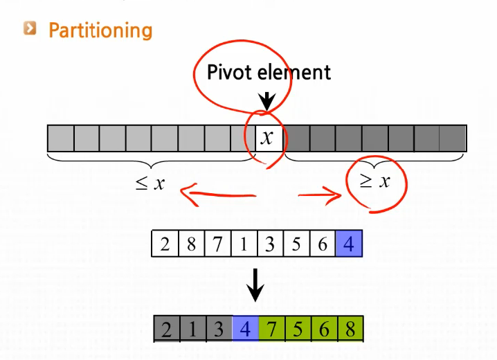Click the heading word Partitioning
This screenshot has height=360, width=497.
[x=100, y=30]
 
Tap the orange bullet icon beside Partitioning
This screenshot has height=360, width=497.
[x=30, y=28]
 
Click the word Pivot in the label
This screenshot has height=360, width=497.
[x=231, y=72]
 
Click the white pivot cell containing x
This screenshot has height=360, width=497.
[x=268, y=138]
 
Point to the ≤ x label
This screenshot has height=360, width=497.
[x=150, y=183]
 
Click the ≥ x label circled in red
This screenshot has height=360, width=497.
[x=376, y=181]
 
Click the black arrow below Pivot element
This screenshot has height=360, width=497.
[x=266, y=100]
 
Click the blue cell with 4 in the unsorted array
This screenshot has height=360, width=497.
[x=348, y=244]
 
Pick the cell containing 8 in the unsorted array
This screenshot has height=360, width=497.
[x=191, y=244]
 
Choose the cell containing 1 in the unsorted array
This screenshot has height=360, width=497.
[x=244, y=244]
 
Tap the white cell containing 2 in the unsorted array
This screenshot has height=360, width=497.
[x=165, y=244]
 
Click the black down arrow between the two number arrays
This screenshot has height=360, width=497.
[x=256, y=285]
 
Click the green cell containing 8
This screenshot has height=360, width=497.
[x=350, y=329]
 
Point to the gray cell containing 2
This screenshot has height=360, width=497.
[x=166, y=329]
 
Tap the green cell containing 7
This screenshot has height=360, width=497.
[x=271, y=329]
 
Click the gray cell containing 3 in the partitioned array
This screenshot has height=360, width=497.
[x=219, y=329]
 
